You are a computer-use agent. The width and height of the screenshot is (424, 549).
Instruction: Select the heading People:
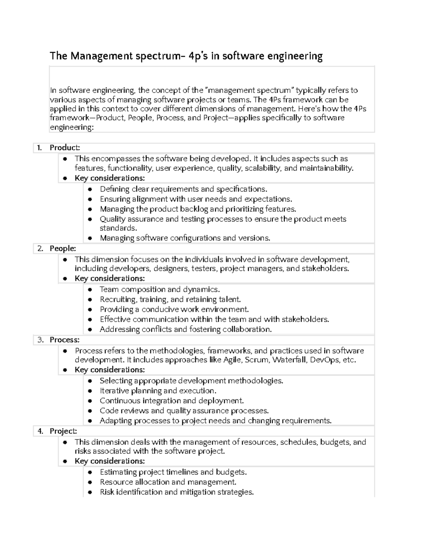[63, 249]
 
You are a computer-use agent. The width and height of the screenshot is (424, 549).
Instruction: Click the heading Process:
[65, 340]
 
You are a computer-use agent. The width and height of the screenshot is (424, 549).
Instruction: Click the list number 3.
[41, 340]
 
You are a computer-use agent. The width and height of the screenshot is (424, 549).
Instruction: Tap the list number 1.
[40, 148]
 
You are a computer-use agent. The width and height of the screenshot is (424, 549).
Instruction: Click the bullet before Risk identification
[90, 492]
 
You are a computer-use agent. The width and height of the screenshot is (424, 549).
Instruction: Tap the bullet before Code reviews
[90, 411]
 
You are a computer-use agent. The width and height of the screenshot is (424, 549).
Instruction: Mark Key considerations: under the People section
[110, 279]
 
